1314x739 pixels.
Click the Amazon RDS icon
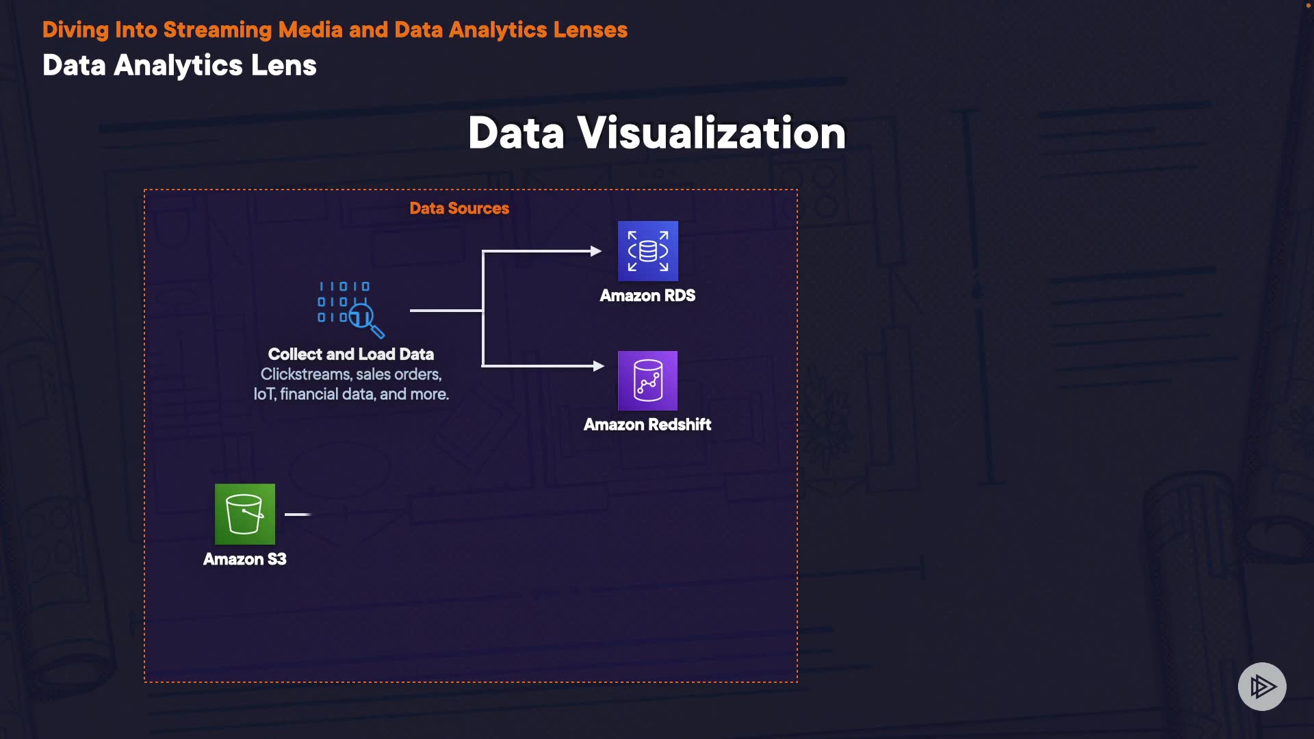point(647,250)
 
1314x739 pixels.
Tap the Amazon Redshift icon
point(647,380)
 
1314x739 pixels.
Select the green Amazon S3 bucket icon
point(245,514)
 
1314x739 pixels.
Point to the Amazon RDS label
point(647,296)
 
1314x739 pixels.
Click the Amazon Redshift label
point(647,425)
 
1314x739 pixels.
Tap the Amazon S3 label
point(245,559)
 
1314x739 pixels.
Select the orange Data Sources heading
point(459,208)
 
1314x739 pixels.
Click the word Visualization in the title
point(712,133)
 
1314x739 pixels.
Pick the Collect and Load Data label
point(350,354)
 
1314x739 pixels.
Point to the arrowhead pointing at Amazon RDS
point(596,251)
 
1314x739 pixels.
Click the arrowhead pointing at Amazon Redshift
point(599,366)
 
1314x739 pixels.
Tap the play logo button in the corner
point(1262,686)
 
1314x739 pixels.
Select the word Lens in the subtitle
point(283,66)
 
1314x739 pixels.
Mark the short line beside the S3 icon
point(298,514)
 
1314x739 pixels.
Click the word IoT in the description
point(263,394)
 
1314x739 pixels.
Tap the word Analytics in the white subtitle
point(178,66)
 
